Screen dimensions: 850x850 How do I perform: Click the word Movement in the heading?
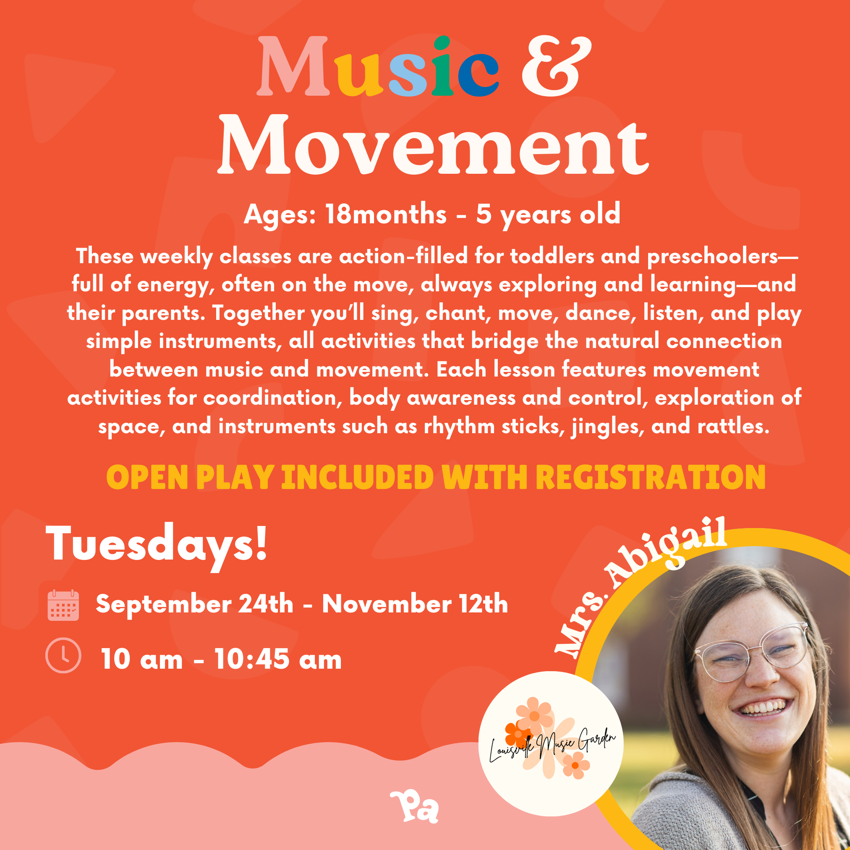click(433, 145)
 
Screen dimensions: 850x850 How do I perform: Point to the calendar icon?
click(63, 605)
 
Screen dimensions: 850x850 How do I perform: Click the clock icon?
click(63, 655)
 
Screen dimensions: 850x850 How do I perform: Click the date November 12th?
click(415, 604)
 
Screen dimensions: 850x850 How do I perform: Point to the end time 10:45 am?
click(278, 659)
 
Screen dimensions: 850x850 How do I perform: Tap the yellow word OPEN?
click(147, 477)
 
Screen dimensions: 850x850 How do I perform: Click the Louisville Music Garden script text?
click(552, 743)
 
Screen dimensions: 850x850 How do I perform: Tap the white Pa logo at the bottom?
click(414, 806)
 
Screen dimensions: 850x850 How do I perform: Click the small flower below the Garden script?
click(575, 765)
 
